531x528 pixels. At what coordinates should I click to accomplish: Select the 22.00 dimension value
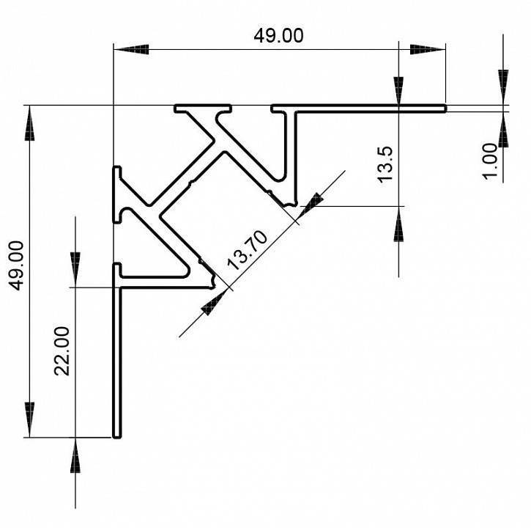click(x=63, y=351)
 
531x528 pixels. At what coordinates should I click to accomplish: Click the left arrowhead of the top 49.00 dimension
click(x=132, y=49)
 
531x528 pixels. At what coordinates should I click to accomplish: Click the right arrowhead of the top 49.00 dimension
click(x=428, y=49)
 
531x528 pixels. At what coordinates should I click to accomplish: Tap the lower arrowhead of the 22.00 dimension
click(x=75, y=456)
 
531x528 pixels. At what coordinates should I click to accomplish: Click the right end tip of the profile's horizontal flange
click(x=444, y=109)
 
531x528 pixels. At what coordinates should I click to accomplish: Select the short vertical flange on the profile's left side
click(x=116, y=194)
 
